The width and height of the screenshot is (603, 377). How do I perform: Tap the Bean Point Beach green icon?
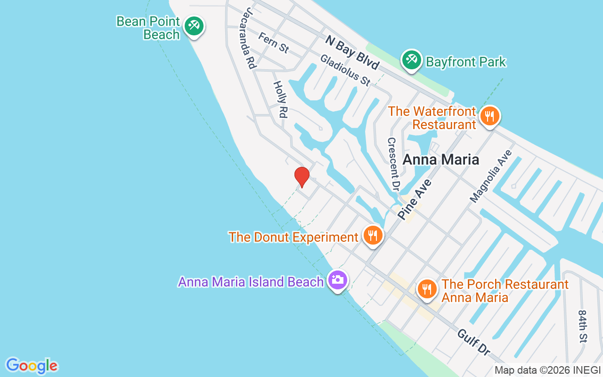pos(193,25)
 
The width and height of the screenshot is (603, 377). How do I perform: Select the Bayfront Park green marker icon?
pos(412,60)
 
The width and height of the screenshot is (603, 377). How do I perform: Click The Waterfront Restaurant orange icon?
pos(490,116)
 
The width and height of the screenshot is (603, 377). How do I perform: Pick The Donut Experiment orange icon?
pos(373,235)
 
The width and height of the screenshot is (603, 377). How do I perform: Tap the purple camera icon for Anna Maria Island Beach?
pos(337,280)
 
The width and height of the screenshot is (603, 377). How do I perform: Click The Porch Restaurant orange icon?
pos(427,288)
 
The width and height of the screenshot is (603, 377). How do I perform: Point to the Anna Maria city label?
pos(440,159)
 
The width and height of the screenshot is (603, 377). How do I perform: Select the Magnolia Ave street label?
pos(490,177)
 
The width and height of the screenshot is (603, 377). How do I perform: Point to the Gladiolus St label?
pos(345,71)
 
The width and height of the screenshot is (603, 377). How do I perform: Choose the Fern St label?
pos(273,42)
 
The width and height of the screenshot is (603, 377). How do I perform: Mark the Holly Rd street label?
pos(280,99)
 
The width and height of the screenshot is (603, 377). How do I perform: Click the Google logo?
pos(32,366)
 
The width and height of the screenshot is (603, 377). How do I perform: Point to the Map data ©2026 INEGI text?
pos(547,370)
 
